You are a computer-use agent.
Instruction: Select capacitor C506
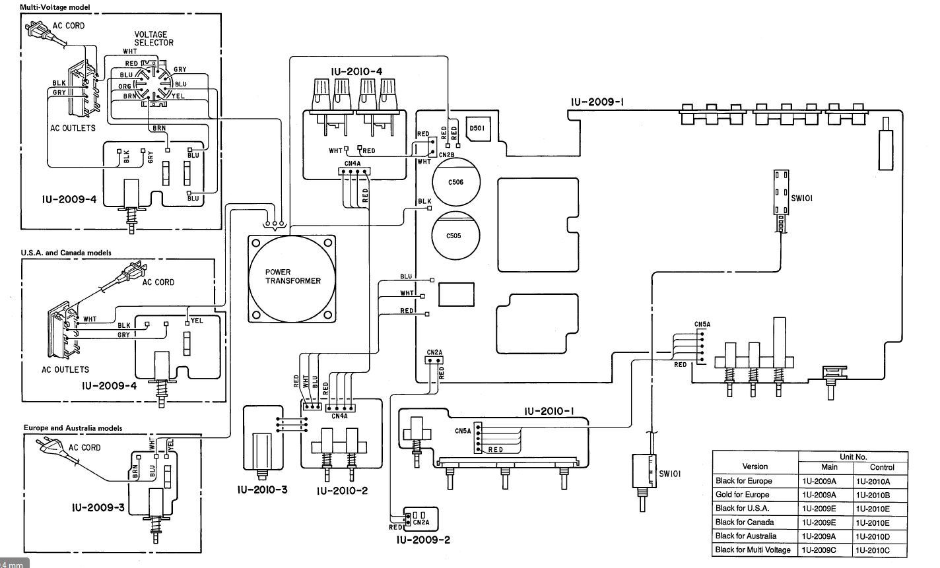(x=456, y=182)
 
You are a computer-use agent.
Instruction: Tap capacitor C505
(x=455, y=236)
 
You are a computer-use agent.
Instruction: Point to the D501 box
(x=478, y=129)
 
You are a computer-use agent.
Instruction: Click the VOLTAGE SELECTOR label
(x=154, y=39)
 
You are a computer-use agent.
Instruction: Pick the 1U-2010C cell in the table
(x=873, y=550)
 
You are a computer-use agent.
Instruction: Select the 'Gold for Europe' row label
(x=743, y=495)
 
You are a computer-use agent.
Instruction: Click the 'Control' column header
(x=882, y=467)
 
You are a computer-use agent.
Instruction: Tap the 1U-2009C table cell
(x=819, y=550)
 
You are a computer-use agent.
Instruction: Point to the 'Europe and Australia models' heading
(x=73, y=428)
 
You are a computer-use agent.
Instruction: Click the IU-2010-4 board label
(x=356, y=72)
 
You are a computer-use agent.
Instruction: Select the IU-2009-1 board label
(x=597, y=102)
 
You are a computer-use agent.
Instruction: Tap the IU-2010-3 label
(x=262, y=489)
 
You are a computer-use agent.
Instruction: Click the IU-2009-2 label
(x=423, y=540)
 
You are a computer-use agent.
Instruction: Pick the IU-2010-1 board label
(x=549, y=412)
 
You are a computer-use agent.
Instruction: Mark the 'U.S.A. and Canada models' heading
(x=66, y=253)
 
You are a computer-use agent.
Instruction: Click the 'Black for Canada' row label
(x=745, y=522)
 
